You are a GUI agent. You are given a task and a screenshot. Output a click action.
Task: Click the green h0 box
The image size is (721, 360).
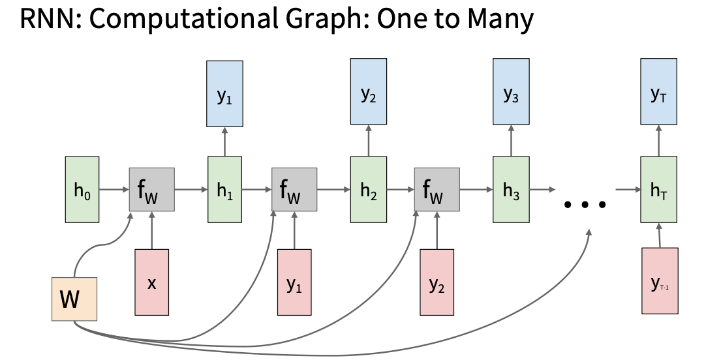click(x=82, y=189)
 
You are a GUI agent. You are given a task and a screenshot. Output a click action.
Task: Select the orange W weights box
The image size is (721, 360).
click(x=74, y=299)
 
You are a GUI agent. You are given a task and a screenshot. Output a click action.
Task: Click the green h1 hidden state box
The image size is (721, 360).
click(x=224, y=189)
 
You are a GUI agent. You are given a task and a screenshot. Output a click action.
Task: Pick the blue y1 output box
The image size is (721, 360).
click(x=224, y=94)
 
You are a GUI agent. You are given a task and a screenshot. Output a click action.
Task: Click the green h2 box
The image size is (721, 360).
click(x=369, y=189)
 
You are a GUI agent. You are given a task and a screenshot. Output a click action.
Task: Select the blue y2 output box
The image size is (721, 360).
click(x=369, y=91)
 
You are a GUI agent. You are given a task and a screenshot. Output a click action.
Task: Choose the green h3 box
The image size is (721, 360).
click(x=511, y=189)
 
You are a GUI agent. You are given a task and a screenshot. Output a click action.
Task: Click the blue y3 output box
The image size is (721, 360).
click(x=511, y=91)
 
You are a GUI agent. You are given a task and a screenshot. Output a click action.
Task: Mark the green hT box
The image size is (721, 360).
click(x=659, y=189)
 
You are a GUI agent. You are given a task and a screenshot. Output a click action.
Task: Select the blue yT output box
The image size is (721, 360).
click(x=659, y=91)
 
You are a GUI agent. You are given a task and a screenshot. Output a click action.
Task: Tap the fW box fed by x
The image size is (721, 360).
click(x=151, y=189)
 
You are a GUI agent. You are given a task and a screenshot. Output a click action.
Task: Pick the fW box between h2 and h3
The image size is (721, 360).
click(x=437, y=189)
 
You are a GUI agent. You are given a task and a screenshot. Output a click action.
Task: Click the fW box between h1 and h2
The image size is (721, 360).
click(x=294, y=189)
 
